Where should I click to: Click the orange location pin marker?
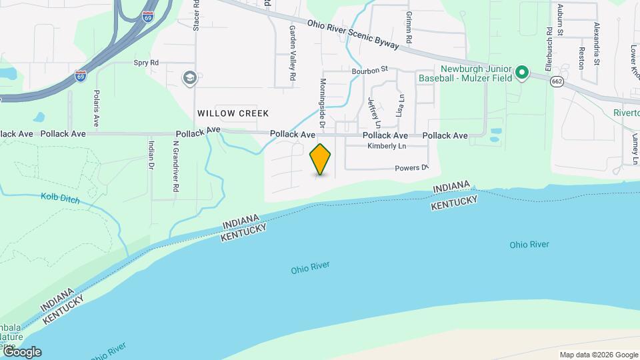click(x=321, y=159)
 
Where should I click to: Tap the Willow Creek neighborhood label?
click(x=233, y=113)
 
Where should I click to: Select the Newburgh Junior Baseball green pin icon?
click(x=523, y=72)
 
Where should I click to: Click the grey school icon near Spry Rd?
click(x=190, y=79)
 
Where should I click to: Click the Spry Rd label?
click(x=145, y=63)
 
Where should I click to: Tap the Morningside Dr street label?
click(x=322, y=103)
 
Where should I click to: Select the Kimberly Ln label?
click(x=387, y=146)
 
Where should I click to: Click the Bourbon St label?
click(x=370, y=69)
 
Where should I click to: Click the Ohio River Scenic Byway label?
click(x=353, y=33)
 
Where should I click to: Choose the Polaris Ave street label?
click(x=97, y=109)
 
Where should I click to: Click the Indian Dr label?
click(x=151, y=154)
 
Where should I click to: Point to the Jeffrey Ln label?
click(x=374, y=112)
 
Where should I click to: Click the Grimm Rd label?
click(x=408, y=25)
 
